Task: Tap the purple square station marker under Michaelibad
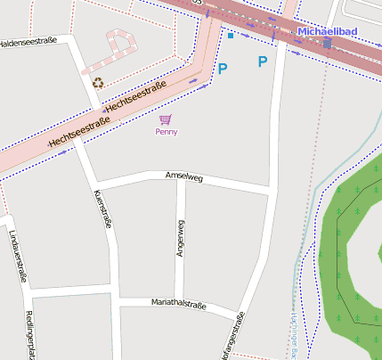click(x=327, y=43)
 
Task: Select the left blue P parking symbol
click(x=223, y=68)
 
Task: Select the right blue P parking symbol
click(x=262, y=61)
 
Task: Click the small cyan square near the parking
click(x=231, y=36)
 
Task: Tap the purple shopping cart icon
click(x=166, y=119)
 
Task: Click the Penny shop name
click(x=167, y=132)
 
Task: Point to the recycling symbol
click(x=98, y=83)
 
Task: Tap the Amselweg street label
click(x=184, y=178)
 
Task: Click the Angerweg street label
click(x=182, y=239)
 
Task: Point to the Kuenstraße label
click(x=102, y=209)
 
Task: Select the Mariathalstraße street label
click(x=178, y=305)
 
